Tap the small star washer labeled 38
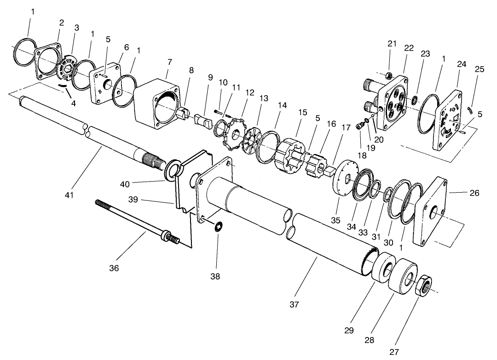click(220, 226)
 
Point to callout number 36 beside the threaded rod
click(114, 268)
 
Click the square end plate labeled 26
click(432, 212)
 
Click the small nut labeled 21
click(389, 75)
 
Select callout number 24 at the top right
click(462, 64)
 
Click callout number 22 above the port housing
click(409, 48)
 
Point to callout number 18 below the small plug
click(363, 156)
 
